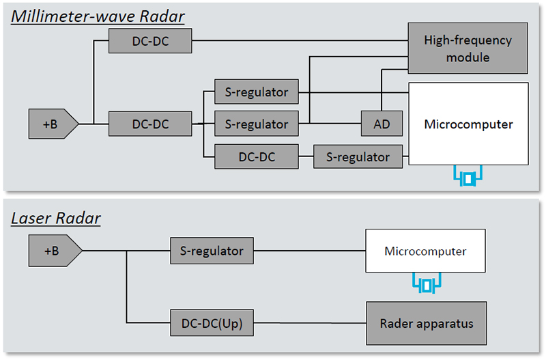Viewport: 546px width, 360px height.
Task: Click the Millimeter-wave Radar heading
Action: tap(98, 16)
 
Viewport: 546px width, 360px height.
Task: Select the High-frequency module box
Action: tap(468, 49)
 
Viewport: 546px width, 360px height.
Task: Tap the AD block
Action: tap(382, 124)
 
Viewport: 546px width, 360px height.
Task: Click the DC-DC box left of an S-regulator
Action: tap(256, 156)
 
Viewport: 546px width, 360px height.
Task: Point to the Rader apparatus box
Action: tap(427, 322)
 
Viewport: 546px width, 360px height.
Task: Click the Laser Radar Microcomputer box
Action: tap(425, 251)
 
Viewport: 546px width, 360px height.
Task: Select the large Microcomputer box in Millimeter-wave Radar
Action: tap(468, 124)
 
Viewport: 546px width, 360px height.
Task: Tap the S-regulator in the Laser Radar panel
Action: tap(212, 251)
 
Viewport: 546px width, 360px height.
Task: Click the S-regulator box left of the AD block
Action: tap(256, 124)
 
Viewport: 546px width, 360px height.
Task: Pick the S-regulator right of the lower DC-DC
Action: tap(357, 156)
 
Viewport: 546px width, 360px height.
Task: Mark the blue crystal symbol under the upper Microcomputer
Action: tap(468, 178)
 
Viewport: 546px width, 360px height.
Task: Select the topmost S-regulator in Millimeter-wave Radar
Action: tap(256, 92)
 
